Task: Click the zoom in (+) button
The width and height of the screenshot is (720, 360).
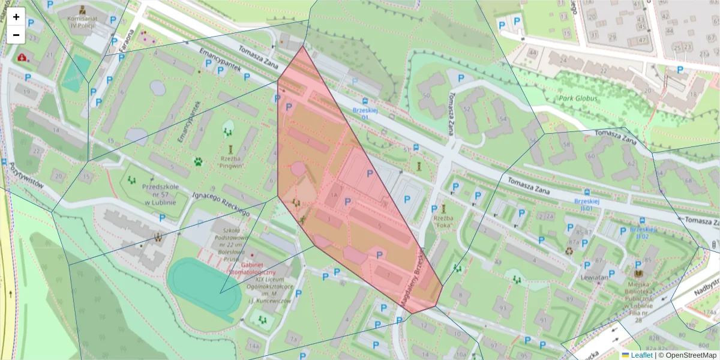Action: pos(16,17)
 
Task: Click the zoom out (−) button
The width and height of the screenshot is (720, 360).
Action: pos(16,35)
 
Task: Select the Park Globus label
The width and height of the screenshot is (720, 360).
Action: pos(575,98)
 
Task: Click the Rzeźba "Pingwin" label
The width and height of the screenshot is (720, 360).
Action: pos(230,162)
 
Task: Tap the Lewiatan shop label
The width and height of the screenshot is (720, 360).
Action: pos(595,278)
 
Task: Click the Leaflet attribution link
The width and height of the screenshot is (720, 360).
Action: pos(641,355)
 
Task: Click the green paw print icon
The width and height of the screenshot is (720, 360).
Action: pos(198,161)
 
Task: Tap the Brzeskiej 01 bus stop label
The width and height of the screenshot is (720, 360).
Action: pos(364,113)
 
